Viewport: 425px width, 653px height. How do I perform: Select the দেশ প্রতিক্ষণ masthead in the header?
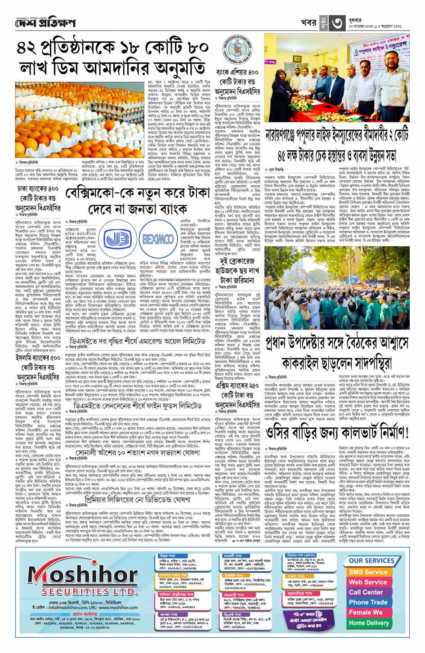coord(45,23)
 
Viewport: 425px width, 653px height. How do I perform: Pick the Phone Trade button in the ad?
coord(368,602)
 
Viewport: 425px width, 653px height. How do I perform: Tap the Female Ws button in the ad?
coord(366,613)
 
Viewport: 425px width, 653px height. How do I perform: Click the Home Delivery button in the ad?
coord(368,623)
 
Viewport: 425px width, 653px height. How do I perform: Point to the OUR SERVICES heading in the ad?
coord(371,561)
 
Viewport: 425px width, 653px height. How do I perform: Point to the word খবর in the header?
coord(309,23)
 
